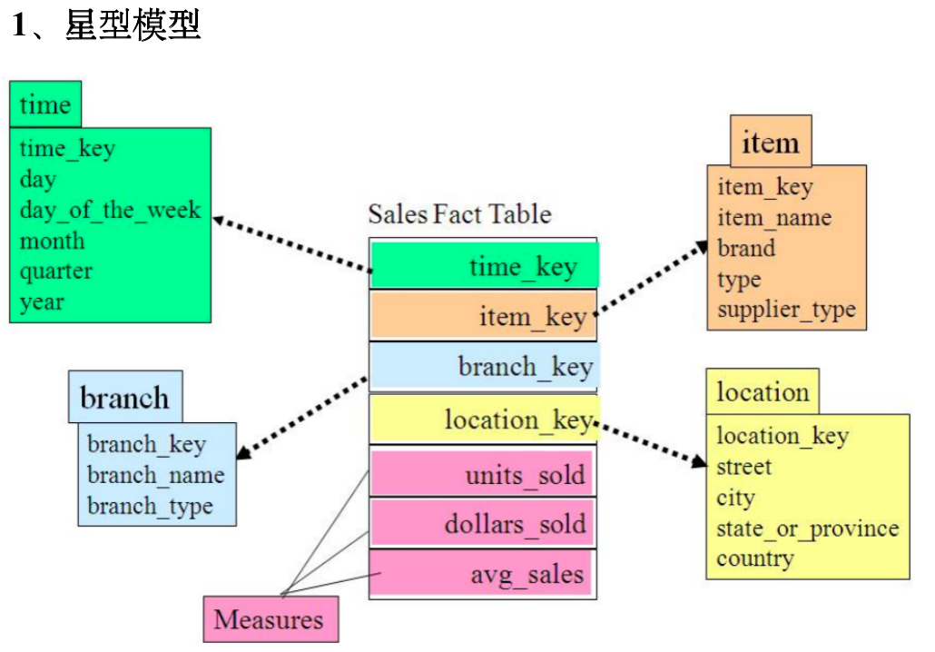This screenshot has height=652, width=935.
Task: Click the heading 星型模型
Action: click(132, 25)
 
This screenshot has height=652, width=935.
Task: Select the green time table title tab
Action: click(45, 104)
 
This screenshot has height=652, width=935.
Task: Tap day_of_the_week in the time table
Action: click(110, 210)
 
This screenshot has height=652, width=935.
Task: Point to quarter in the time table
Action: click(56, 271)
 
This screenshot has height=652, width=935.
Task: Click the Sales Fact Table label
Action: click(459, 214)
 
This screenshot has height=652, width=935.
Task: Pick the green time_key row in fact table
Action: click(484, 267)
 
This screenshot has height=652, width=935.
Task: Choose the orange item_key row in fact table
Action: click(484, 316)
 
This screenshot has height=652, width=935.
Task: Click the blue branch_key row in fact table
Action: click(484, 367)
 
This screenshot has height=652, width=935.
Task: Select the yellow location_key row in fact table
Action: click(484, 420)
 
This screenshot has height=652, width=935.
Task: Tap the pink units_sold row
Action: click(484, 474)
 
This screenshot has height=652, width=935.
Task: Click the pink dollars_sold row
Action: click(484, 524)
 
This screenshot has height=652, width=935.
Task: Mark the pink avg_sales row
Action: click(484, 575)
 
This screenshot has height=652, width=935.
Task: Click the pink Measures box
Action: click(269, 620)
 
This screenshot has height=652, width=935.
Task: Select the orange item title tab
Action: click(771, 143)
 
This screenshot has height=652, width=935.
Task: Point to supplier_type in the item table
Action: click(786, 310)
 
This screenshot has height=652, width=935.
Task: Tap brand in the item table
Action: click(746, 248)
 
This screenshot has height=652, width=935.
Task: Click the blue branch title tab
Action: click(124, 398)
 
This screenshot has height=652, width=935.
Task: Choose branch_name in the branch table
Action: click(155, 475)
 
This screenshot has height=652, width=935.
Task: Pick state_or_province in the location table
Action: click(807, 528)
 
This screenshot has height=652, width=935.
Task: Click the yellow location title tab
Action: click(763, 392)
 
